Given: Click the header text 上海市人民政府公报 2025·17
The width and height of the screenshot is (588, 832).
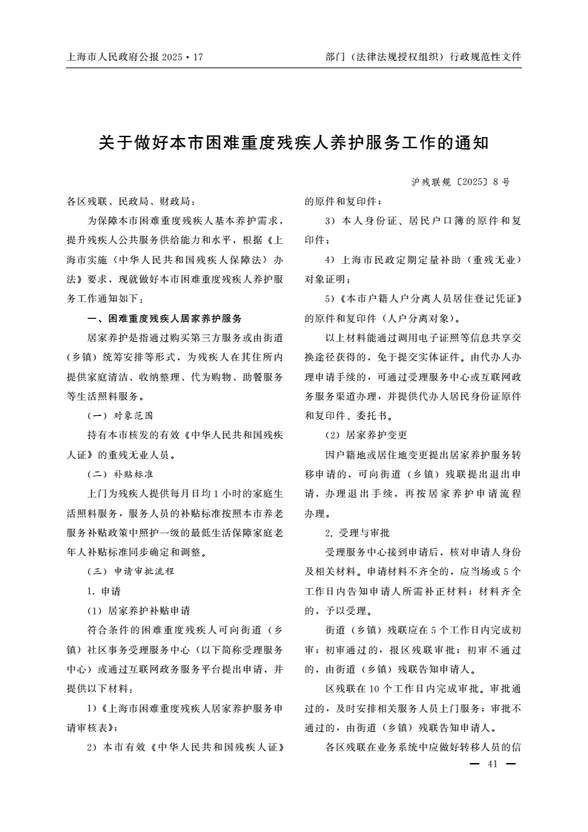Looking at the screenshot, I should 134,56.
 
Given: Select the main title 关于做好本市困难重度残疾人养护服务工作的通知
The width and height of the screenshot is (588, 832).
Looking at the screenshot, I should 294,142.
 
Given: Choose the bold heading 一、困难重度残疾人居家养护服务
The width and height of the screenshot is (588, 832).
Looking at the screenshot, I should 165,318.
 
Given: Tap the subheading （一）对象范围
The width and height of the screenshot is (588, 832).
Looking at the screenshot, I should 121,415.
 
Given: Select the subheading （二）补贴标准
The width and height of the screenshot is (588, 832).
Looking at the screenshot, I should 121,474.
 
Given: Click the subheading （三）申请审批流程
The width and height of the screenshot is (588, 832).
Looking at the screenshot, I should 131,572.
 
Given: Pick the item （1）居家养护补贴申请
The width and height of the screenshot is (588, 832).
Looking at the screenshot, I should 139,611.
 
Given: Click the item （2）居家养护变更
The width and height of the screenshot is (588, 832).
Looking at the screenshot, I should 366,435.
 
